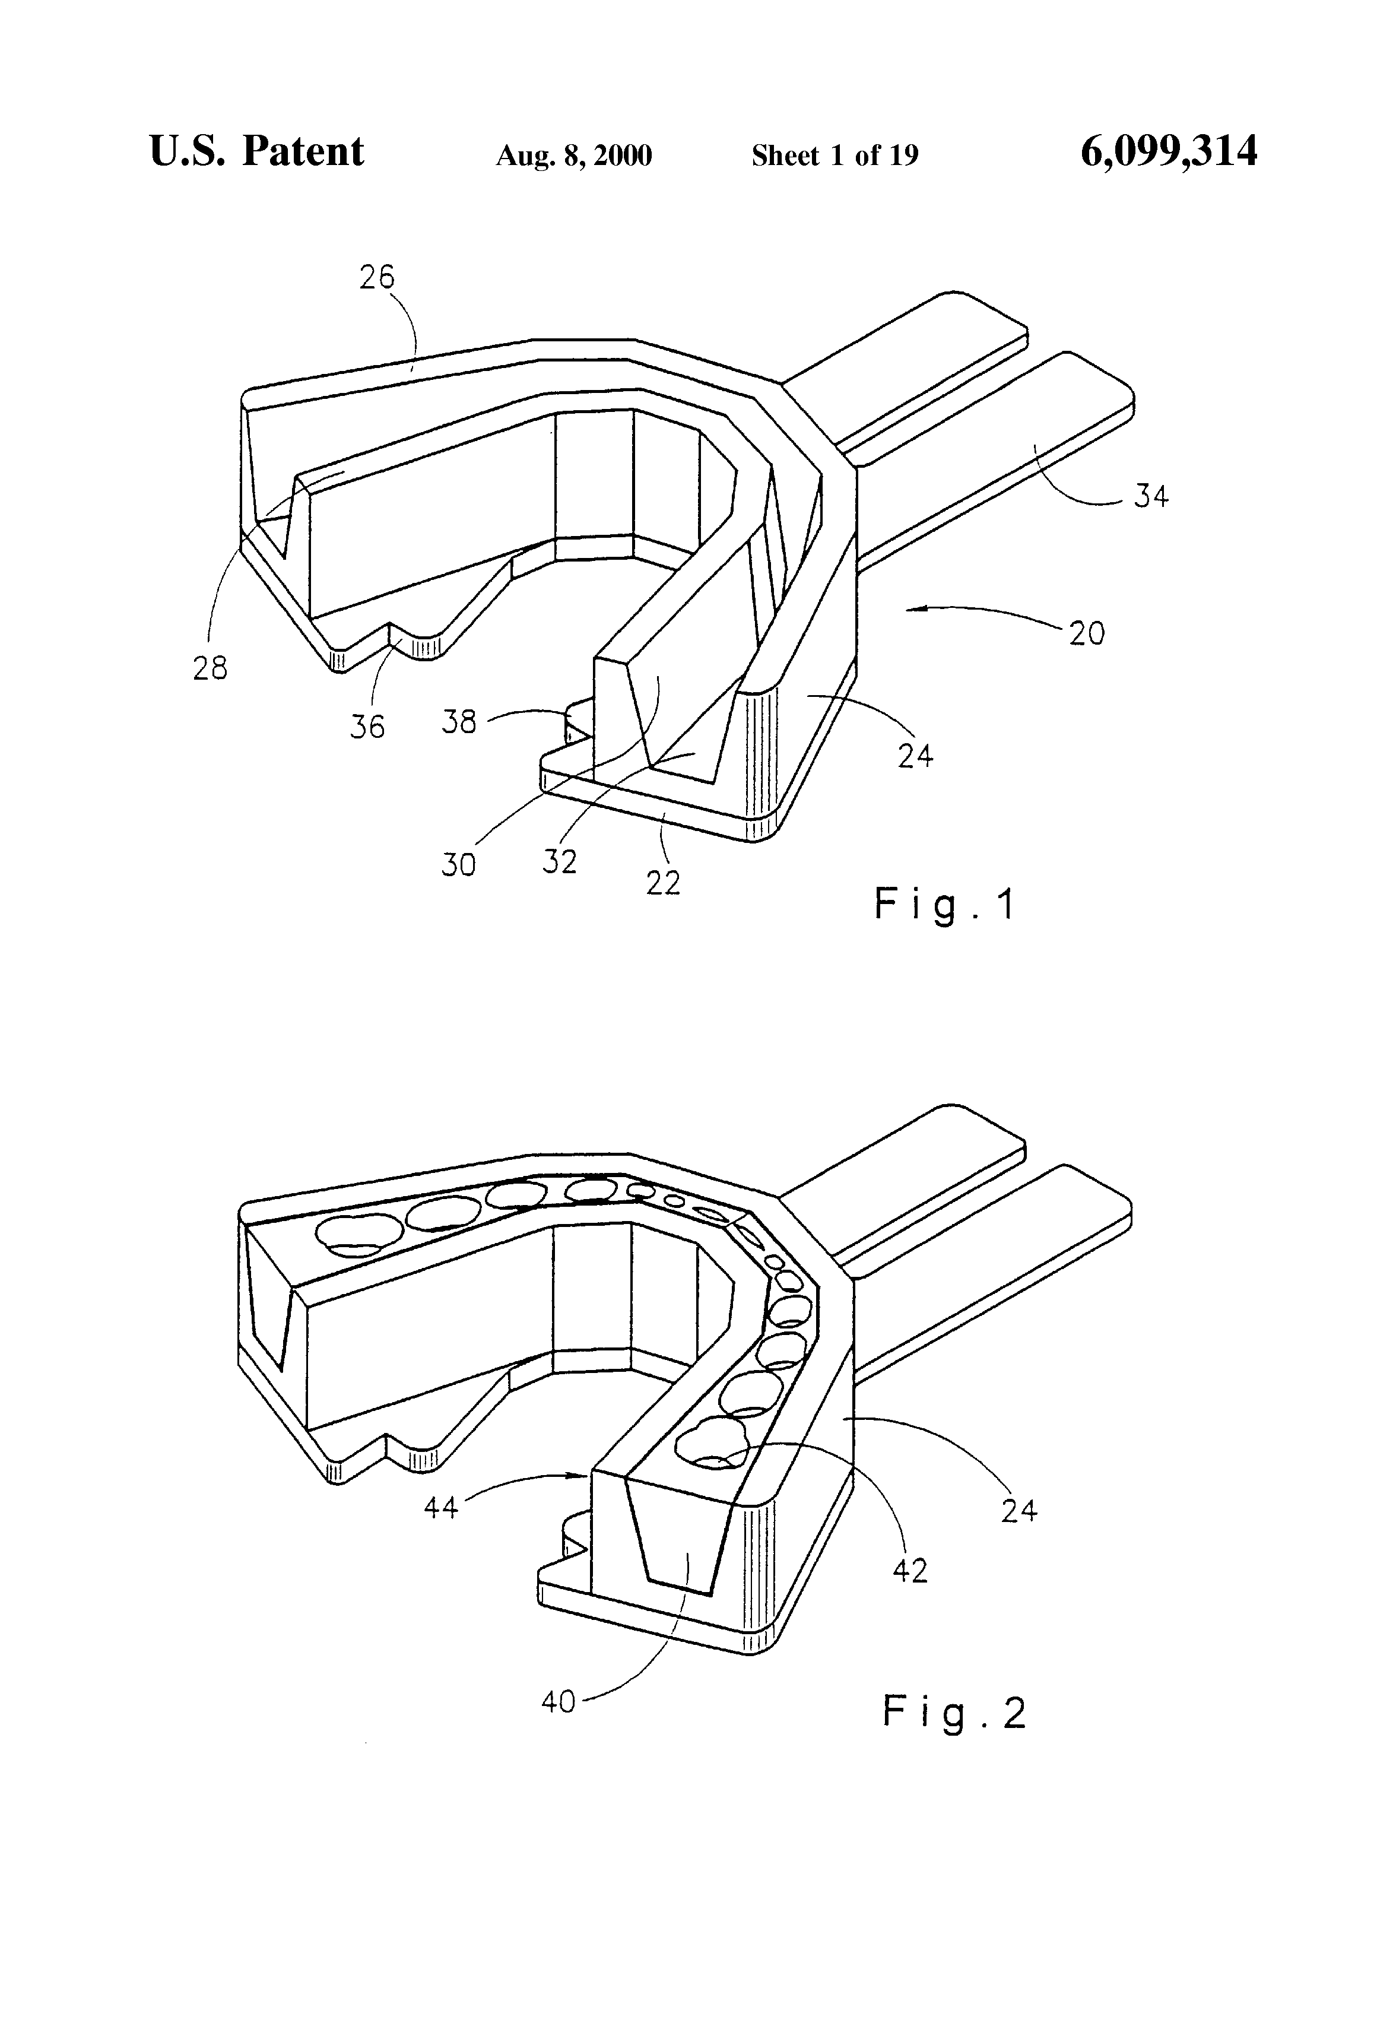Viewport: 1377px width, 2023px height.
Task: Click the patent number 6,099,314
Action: (1168, 151)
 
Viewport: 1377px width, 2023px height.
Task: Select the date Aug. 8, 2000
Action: (573, 156)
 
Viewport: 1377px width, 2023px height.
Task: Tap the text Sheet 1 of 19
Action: (835, 156)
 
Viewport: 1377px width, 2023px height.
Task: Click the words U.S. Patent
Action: (257, 151)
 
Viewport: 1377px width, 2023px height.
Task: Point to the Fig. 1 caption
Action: (944, 905)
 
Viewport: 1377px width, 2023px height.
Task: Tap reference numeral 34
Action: (1151, 496)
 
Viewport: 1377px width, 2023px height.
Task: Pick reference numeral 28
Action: (210, 668)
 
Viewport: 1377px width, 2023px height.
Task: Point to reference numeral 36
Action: (367, 726)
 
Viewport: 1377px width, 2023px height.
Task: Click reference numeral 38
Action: (459, 722)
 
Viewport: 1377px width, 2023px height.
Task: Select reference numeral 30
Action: (459, 864)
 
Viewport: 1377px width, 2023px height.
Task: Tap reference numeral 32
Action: (560, 862)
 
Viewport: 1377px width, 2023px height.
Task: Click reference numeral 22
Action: (663, 883)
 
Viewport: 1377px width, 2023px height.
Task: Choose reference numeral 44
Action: (440, 1507)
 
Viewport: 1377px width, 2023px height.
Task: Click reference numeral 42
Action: (910, 1570)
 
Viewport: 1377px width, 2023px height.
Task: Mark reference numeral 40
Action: (558, 1702)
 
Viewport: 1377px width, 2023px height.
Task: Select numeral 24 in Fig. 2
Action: (1019, 1510)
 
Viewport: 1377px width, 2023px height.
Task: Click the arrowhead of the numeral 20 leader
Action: (908, 610)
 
